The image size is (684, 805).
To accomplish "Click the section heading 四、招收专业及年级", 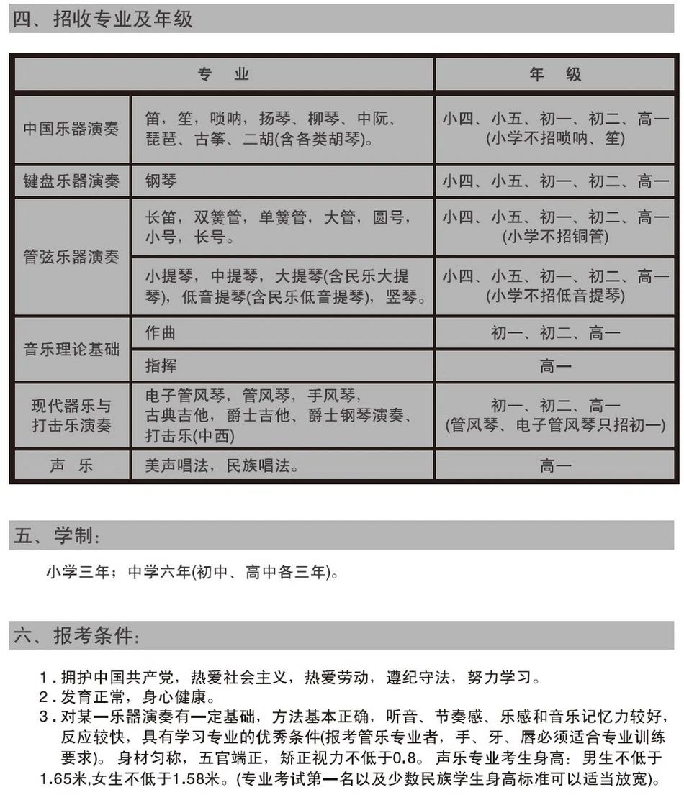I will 102,19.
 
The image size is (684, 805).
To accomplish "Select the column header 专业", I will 224,74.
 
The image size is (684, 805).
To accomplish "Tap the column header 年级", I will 555,74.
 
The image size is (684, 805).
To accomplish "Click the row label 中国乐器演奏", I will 71,129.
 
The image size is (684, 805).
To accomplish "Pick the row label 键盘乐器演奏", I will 71,182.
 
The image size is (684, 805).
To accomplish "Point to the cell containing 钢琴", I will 161,182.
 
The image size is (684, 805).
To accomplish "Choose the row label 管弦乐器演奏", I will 71,257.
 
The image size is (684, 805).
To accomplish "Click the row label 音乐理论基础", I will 71,350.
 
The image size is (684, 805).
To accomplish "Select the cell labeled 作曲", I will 160,333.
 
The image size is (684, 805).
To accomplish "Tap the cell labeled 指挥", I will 160,367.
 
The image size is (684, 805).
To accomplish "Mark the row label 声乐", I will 71,465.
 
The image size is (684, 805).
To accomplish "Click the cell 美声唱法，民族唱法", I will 222,465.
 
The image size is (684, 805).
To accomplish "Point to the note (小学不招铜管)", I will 555,237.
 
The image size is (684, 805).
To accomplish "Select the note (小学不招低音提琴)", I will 555,296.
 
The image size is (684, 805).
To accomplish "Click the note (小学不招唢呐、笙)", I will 555,138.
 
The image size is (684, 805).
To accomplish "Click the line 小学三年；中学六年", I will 191,573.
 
